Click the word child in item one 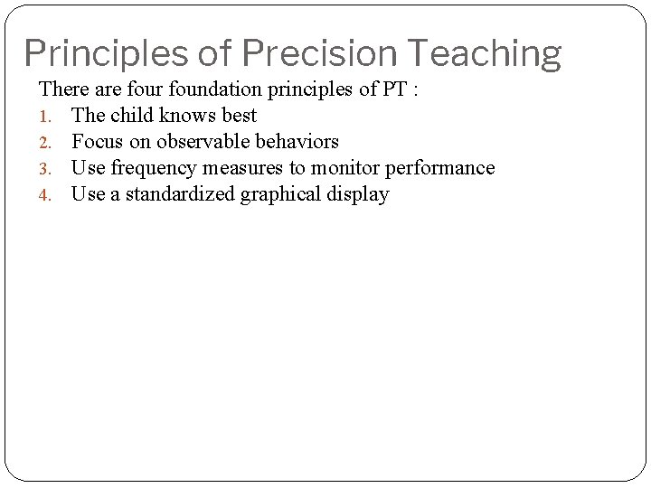click(x=128, y=116)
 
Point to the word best click(x=236, y=116)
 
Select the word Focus click(x=96, y=142)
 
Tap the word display click(x=358, y=194)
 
